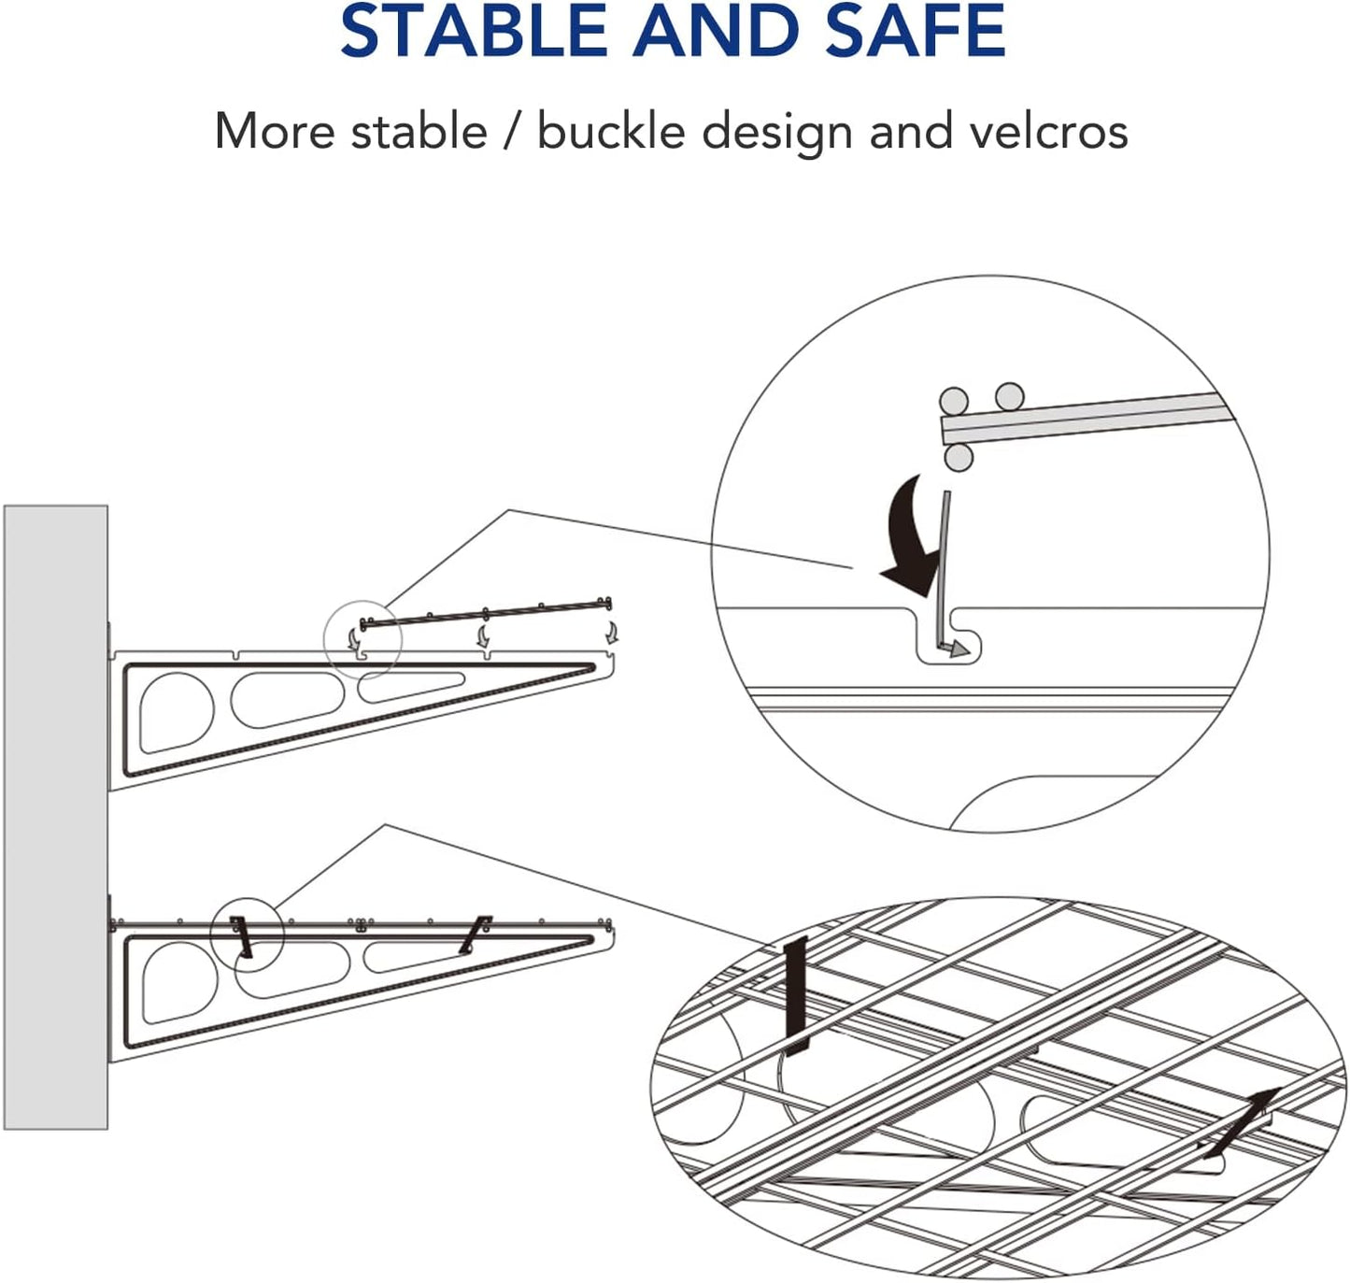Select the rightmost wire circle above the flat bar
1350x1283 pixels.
[x=1009, y=396]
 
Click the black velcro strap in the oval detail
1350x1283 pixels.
[x=796, y=995]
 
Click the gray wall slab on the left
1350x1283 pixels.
[x=56, y=818]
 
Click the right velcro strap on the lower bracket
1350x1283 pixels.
[x=476, y=934]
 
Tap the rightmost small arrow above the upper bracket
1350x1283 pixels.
[x=611, y=633]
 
